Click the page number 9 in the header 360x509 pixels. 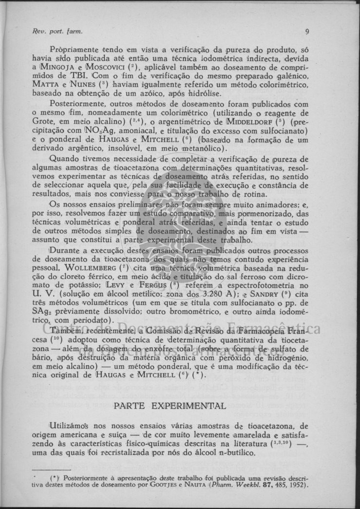[x=307, y=33]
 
